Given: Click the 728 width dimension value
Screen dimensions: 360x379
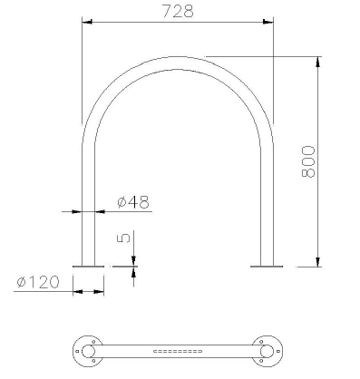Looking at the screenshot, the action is click(178, 11).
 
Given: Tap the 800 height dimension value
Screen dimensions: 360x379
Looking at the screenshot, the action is click(308, 161).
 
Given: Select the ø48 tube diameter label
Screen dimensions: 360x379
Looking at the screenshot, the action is click(133, 202).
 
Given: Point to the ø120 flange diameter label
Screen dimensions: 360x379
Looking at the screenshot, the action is click(38, 282).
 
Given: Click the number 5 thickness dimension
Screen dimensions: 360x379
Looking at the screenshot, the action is click(123, 238).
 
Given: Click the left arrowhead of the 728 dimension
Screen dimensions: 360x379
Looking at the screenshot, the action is click(87, 22).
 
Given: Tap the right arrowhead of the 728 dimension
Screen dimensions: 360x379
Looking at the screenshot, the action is click(268, 22).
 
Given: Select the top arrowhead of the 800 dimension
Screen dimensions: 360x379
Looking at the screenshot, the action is click(317, 62).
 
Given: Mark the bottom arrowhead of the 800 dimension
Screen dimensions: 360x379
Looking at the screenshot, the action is click(317, 262).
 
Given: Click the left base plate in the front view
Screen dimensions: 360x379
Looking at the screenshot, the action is click(88, 267).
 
